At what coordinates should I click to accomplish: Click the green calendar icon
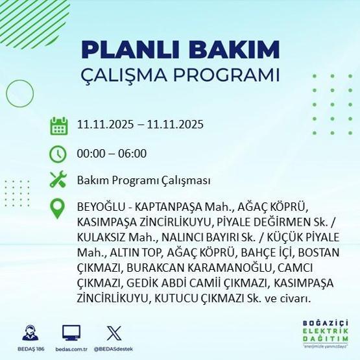[59, 125]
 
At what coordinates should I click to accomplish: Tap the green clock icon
[59, 154]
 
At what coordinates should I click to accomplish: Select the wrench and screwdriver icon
[59, 180]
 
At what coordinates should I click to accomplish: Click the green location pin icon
[59, 209]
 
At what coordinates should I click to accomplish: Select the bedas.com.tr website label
[71, 349]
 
